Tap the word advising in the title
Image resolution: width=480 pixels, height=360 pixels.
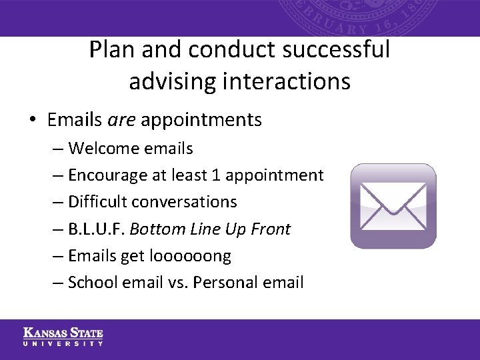pos(169,81)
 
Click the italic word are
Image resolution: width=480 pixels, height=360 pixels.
pos(121,120)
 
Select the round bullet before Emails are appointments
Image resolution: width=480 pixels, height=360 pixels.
pos(32,121)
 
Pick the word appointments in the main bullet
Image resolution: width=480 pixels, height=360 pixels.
pos(201,121)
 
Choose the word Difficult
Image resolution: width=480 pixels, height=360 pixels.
pos(95,202)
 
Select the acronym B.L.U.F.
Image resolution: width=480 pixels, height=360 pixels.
pos(96,229)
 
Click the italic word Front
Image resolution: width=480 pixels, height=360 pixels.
pos(271,229)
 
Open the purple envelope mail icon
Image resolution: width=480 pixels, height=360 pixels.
pos(393,206)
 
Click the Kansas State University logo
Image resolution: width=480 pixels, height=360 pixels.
pos(63,337)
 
